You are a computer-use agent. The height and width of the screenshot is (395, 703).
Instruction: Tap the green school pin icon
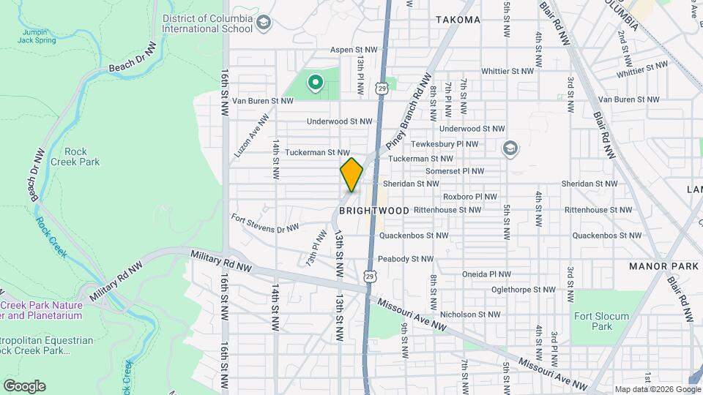point(316,83)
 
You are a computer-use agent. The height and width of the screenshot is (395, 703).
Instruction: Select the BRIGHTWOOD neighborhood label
point(374,211)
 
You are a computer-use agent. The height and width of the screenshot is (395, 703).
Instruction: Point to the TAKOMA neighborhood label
point(458,20)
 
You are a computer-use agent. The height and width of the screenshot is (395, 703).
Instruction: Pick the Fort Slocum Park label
point(592,322)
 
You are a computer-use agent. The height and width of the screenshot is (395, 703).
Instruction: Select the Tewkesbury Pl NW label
point(444,145)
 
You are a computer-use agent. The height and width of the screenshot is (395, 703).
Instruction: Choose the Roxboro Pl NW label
point(469,197)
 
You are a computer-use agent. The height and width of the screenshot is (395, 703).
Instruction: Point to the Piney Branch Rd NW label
point(408,106)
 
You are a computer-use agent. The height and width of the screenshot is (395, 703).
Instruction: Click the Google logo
point(24,386)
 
